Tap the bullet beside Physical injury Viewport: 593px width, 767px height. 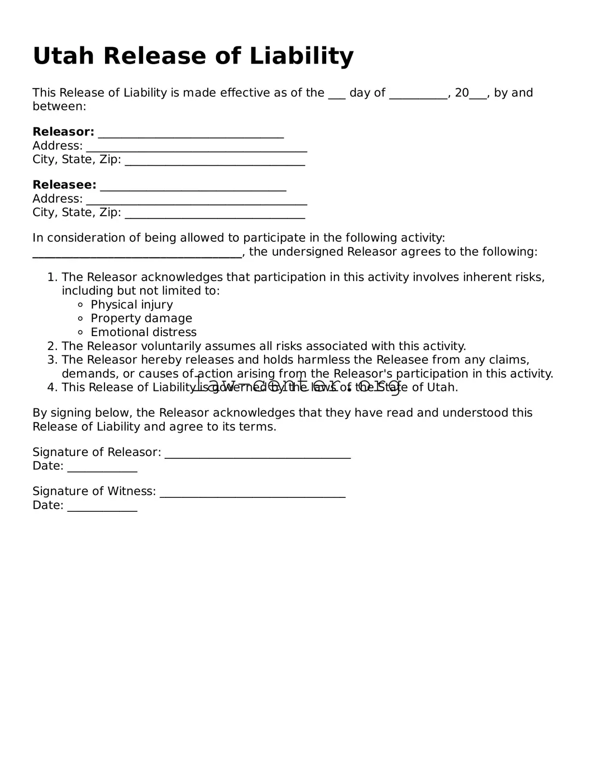[80, 305]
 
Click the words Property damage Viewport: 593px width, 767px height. [141, 318]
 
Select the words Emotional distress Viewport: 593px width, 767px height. [144, 332]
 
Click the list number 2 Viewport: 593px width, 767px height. [52, 346]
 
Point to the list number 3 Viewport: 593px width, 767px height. [52, 360]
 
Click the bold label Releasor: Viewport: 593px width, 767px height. [63, 132]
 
